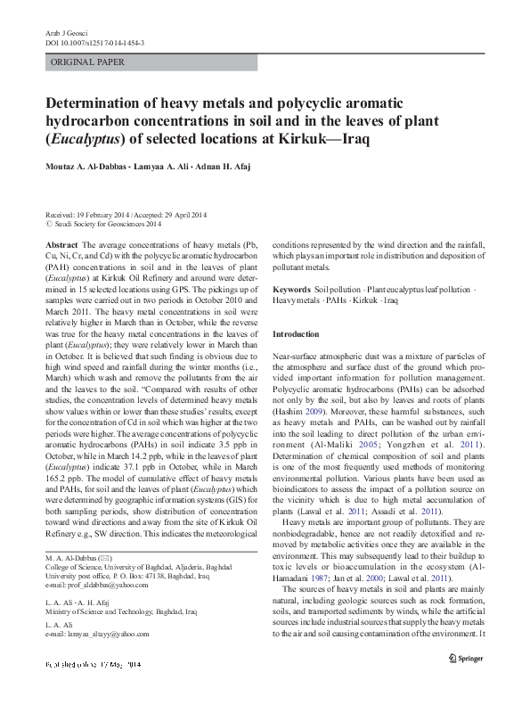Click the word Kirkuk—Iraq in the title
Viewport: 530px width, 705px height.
pyautogui.click(x=338, y=141)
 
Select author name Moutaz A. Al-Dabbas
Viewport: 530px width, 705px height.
pyautogui.click(x=92, y=168)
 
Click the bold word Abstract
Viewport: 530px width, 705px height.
pyautogui.click(x=61, y=243)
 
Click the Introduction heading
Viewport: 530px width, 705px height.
pyautogui.click(x=295, y=333)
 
